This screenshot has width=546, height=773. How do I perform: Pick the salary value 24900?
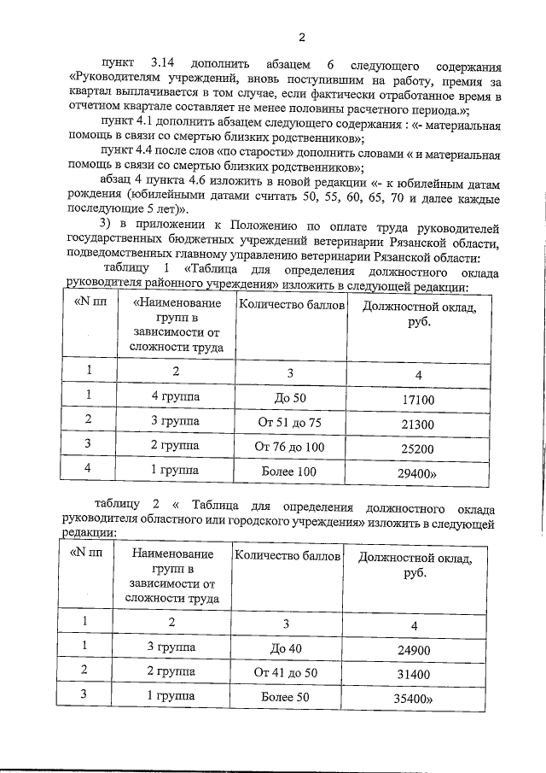[x=415, y=651]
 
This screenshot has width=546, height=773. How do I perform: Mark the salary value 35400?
[x=416, y=699]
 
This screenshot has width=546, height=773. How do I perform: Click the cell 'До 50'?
[x=290, y=399]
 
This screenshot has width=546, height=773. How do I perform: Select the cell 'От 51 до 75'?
[x=290, y=424]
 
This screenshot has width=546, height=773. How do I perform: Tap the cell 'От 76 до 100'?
[x=290, y=448]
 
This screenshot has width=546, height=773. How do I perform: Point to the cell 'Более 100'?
[x=290, y=472]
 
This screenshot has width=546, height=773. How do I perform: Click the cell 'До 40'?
[x=287, y=651]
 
